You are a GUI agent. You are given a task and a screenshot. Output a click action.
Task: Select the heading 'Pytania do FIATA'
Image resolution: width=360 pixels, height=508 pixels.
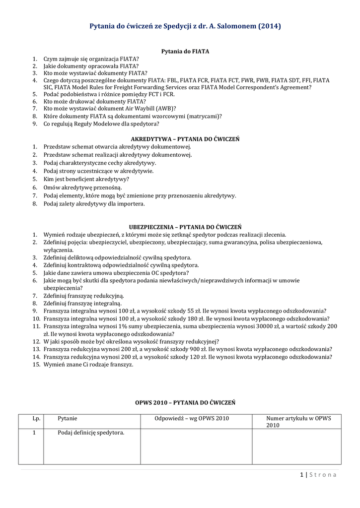click(x=186, y=51)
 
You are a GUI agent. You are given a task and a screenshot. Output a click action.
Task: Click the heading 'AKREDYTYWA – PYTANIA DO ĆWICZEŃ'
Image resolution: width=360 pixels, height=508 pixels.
click(x=185, y=139)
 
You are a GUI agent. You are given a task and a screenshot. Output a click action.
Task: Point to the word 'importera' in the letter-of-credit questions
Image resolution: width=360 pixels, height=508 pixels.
click(x=131, y=203)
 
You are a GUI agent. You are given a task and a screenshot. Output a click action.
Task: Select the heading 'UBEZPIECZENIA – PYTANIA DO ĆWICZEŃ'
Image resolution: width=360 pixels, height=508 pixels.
click(x=185, y=226)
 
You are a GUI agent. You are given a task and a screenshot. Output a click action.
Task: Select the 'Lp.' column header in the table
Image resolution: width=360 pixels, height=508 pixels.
click(x=36, y=419)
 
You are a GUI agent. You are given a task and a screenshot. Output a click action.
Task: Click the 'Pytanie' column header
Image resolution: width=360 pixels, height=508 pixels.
click(x=68, y=419)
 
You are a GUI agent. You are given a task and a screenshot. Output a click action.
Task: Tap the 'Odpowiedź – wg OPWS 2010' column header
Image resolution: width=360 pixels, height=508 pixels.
click(x=192, y=419)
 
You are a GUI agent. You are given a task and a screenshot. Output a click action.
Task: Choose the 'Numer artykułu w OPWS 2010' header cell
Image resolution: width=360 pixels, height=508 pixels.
click(x=298, y=422)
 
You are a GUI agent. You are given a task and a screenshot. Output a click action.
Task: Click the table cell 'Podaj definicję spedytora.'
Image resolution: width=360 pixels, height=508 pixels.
click(x=91, y=433)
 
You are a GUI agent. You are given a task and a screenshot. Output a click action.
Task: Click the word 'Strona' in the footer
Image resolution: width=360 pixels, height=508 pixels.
click(x=323, y=475)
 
